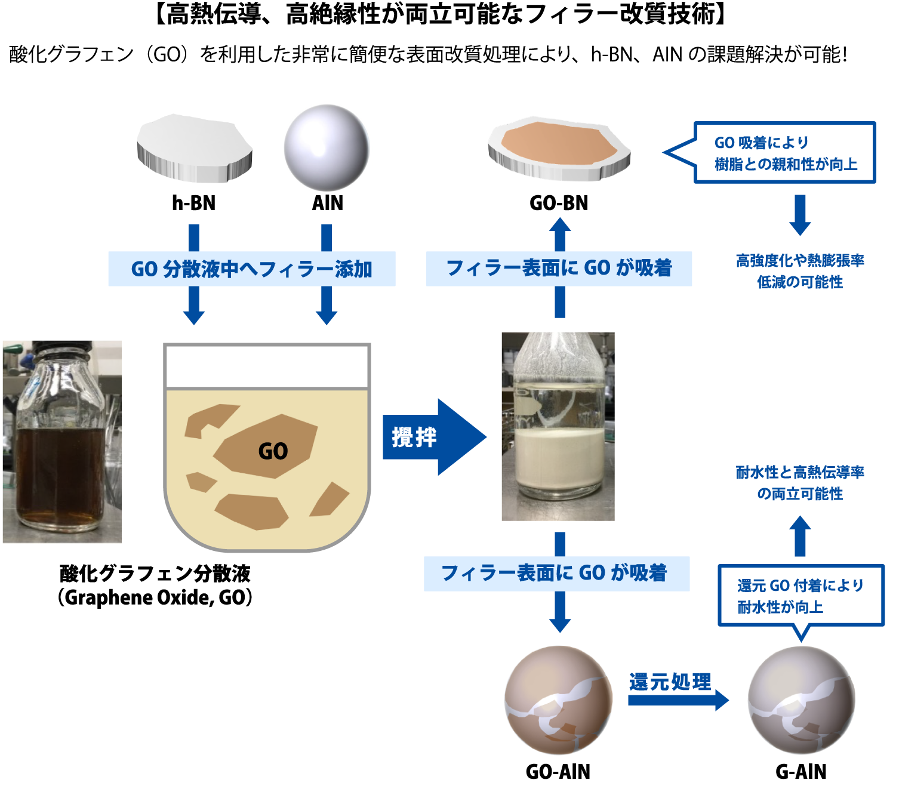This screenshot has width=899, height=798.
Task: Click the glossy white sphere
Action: pos(326,147)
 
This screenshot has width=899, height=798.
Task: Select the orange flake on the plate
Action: pos(558,143)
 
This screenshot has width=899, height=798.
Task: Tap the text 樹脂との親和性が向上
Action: pos(786,164)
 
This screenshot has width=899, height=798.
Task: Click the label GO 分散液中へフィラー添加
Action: pos(251,269)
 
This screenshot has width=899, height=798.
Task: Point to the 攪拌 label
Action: pos(414,437)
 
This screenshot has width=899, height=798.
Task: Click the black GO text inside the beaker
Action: pos(273,451)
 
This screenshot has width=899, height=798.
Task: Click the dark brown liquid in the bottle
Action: pos(60,472)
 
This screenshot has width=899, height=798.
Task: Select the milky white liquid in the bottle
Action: pos(560,457)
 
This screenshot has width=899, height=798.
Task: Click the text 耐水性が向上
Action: pos(780,608)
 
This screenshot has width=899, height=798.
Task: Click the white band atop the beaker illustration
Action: pos(266,366)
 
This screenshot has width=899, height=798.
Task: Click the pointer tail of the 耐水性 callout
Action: pos(802,629)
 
